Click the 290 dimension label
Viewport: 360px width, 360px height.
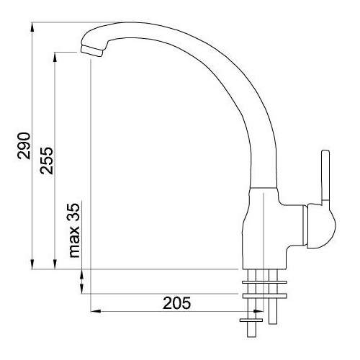(24, 145)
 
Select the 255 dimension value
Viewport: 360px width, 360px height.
(47, 161)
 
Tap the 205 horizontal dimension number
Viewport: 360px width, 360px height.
(177, 303)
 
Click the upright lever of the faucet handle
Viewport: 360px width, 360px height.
(325, 178)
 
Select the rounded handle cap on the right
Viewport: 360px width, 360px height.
(321, 225)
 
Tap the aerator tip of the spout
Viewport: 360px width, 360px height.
(91, 50)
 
